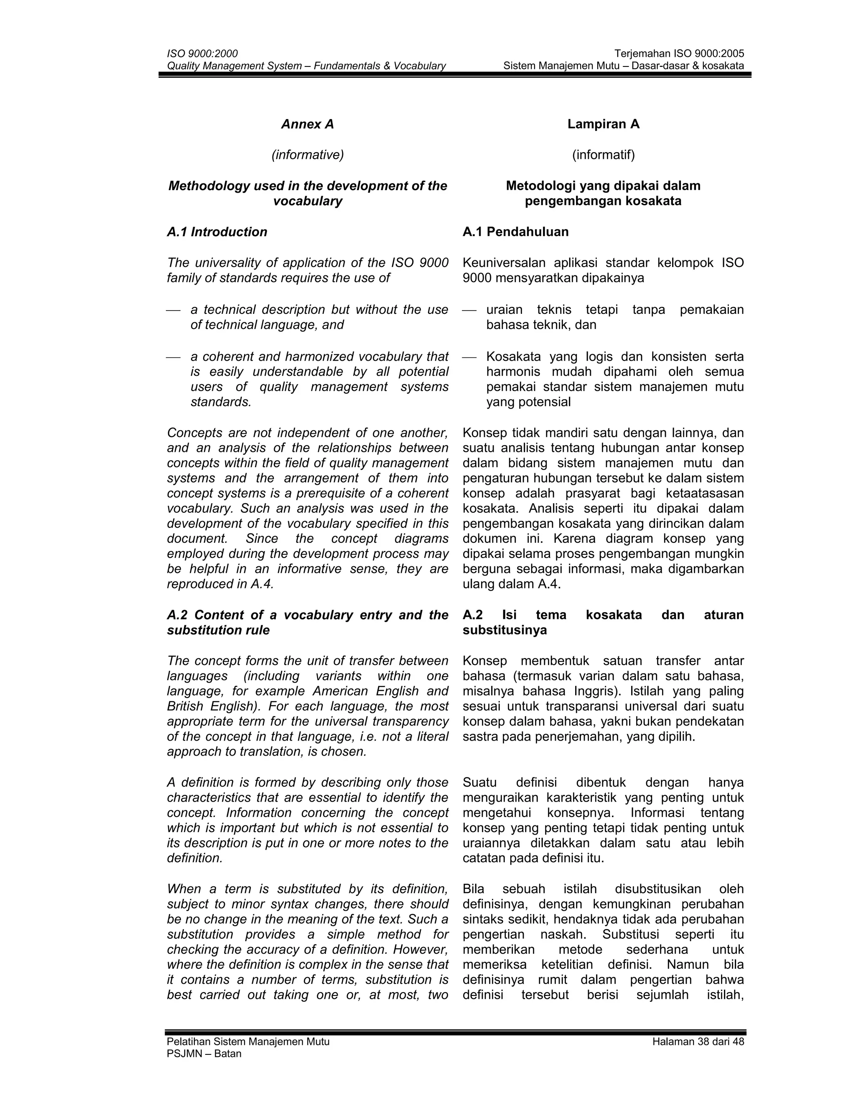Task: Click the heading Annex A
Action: pyautogui.click(x=307, y=124)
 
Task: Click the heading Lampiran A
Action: pyautogui.click(x=603, y=124)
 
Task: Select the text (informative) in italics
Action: pyautogui.click(x=307, y=155)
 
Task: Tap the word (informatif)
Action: pyautogui.click(x=603, y=155)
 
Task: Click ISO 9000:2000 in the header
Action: pyautogui.click(x=202, y=53)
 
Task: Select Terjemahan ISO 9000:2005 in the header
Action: pyautogui.click(x=679, y=53)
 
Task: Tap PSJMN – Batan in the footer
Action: pyautogui.click(x=204, y=1054)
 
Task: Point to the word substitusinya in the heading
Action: pyautogui.click(x=504, y=630)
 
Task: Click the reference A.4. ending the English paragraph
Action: pyautogui.click(x=262, y=584)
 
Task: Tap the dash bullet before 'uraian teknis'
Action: pyautogui.click(x=469, y=310)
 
